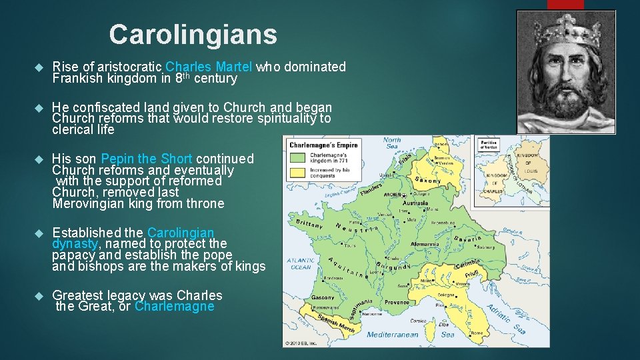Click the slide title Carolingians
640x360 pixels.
click(x=193, y=34)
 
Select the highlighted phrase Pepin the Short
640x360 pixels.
click(x=147, y=159)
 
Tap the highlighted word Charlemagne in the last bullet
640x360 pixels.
click(x=175, y=307)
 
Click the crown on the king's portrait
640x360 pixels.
click(x=567, y=31)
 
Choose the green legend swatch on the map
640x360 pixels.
click(x=297, y=158)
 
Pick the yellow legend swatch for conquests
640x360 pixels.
click(x=297, y=173)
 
